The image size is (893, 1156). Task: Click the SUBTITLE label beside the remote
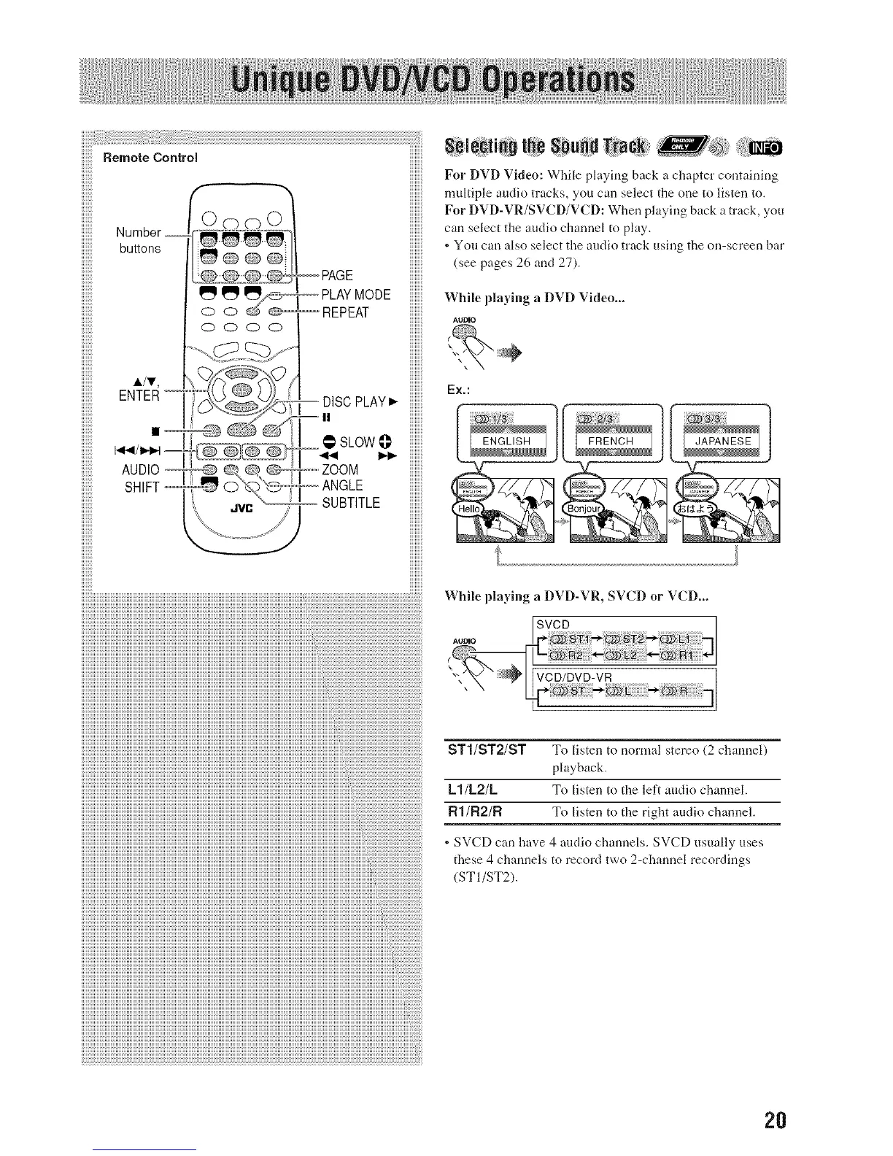click(351, 503)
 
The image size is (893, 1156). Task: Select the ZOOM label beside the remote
click(340, 469)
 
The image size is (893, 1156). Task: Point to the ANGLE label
click(342, 485)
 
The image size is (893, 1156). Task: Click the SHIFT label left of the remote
click(142, 488)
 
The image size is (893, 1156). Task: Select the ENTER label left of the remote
click(139, 396)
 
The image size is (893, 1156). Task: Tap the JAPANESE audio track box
click(722, 441)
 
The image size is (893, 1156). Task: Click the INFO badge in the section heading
click(762, 148)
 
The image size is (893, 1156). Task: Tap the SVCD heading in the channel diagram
click(554, 625)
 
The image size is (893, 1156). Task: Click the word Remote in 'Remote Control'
click(125, 157)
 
